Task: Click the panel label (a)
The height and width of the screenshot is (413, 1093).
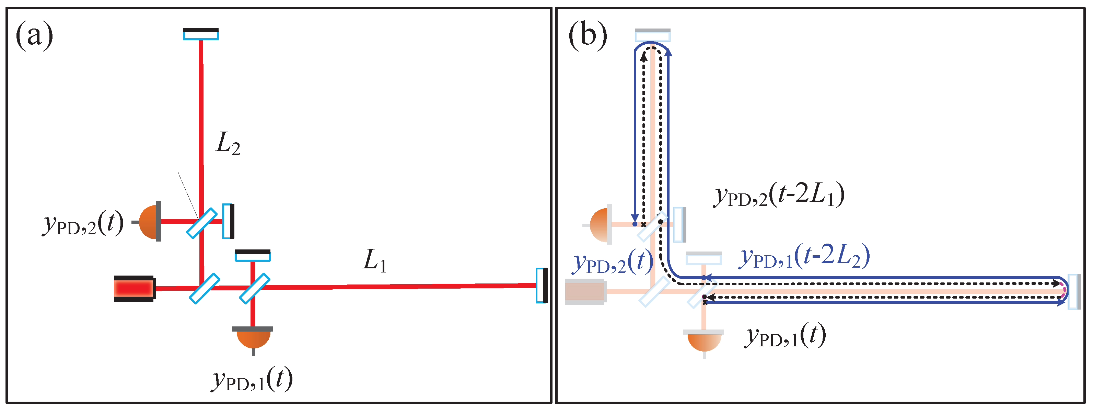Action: pyautogui.click(x=34, y=36)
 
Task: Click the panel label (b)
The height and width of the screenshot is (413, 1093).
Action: pyautogui.click(x=588, y=36)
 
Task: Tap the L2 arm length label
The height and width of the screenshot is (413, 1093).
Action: pyautogui.click(x=228, y=144)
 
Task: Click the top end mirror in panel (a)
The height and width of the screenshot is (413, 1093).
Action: pyautogui.click(x=201, y=34)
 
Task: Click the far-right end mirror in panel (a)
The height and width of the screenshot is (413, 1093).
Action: pyautogui.click(x=542, y=285)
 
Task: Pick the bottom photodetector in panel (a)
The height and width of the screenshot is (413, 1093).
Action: pyautogui.click(x=253, y=337)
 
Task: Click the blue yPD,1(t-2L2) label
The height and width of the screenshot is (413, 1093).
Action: pyautogui.click(x=804, y=257)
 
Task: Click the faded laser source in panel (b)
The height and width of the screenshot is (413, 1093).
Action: pyautogui.click(x=585, y=291)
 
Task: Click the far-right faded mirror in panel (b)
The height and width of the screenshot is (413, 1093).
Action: pyautogui.click(x=1073, y=291)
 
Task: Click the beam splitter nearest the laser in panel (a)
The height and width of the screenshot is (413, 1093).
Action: pyautogui.click(x=205, y=289)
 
